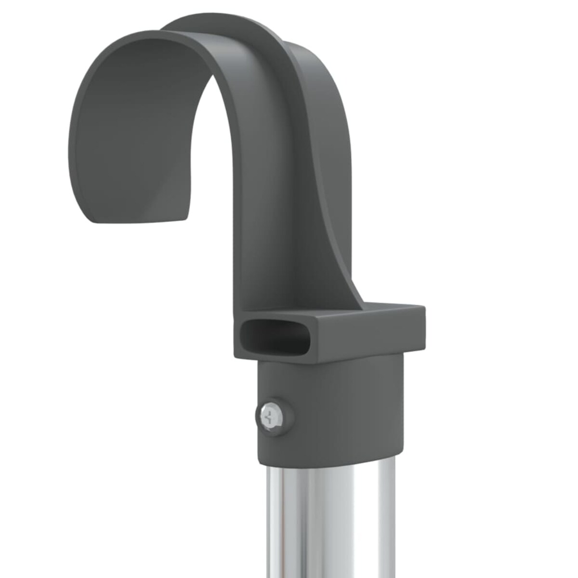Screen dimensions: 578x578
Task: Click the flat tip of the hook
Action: coord(139,220)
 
